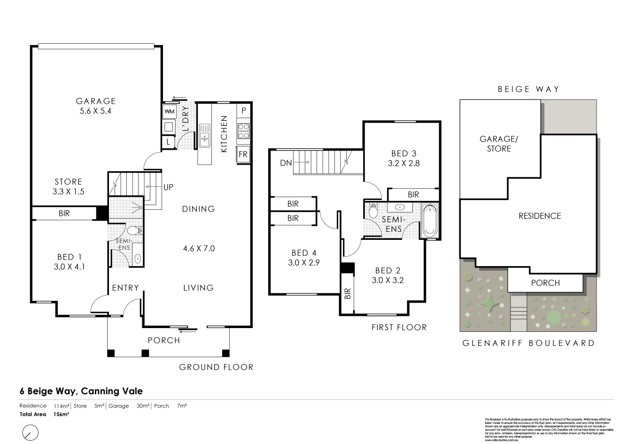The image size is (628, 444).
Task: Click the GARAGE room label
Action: pos(96,101)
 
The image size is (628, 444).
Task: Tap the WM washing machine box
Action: pos(169,112)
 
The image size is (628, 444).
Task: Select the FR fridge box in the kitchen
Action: pos(243,154)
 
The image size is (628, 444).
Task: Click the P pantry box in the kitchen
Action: pos(243,111)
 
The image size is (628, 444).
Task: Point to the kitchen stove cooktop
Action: pos(243,131)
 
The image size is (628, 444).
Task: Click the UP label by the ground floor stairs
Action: pos(168,187)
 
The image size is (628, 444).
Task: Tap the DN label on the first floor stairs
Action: pos(286,163)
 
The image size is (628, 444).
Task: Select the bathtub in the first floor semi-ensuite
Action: pos(429,221)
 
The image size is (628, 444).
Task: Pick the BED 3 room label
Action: pos(403,153)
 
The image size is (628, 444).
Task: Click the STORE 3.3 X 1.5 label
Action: pos(68,186)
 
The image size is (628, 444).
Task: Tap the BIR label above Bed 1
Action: pos(64,213)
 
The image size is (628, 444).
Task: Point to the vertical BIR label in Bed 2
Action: pos(348,294)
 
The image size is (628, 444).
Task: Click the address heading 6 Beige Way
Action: pos(81,391)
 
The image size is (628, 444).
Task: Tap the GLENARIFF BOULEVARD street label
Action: pos(528,343)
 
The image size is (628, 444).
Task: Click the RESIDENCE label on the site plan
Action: pos(540,216)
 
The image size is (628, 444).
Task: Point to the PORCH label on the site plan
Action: pos(545,283)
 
